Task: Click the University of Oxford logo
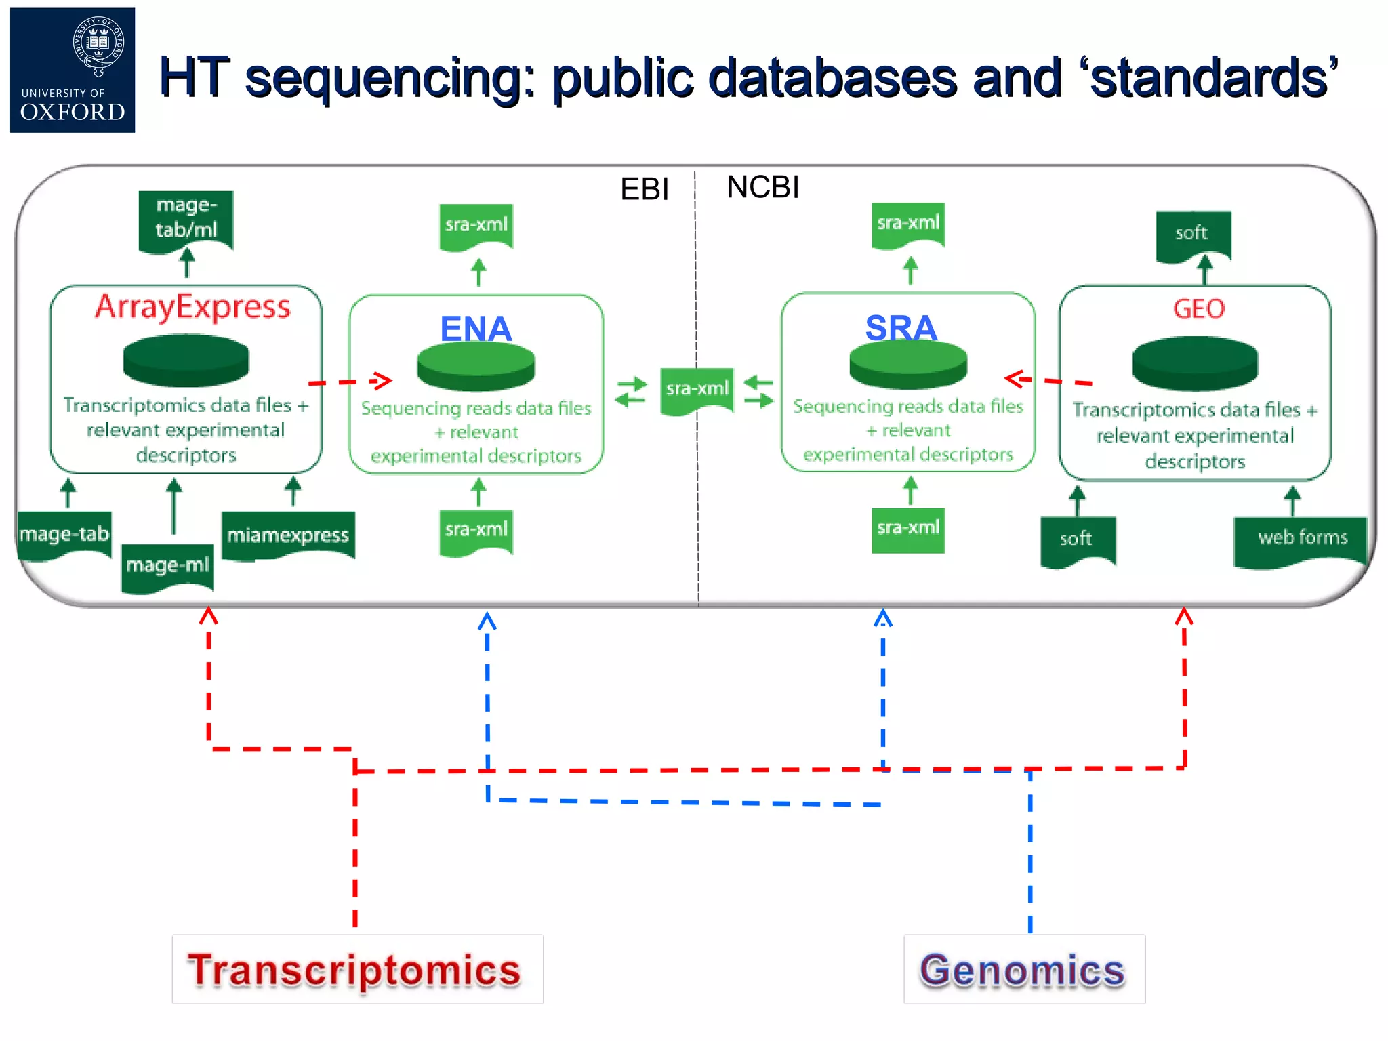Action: click(73, 70)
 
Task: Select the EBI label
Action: click(644, 189)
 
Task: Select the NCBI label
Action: click(762, 187)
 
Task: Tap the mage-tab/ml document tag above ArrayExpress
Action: click(186, 218)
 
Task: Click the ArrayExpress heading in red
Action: click(193, 307)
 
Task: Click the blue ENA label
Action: click(476, 329)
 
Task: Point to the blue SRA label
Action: click(901, 327)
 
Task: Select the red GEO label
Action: click(1198, 309)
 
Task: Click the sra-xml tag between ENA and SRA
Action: click(697, 389)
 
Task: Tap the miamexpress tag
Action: click(288, 535)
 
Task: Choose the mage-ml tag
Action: click(167, 565)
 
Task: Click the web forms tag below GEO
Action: click(1302, 539)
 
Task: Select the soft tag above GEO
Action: click(1192, 234)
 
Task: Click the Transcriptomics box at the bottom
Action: click(357, 969)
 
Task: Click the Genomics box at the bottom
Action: click(1024, 969)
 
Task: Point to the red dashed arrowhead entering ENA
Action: click(383, 380)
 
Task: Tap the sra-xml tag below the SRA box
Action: click(908, 529)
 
